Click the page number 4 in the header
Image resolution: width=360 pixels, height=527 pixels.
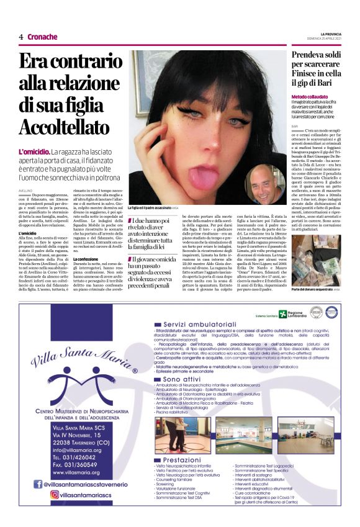20,37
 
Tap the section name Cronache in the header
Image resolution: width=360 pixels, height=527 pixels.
43,37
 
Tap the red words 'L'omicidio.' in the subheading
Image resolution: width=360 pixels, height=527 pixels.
35,151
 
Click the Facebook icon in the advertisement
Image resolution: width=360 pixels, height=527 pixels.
37,484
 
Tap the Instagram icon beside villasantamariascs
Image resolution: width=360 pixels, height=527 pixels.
37,495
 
